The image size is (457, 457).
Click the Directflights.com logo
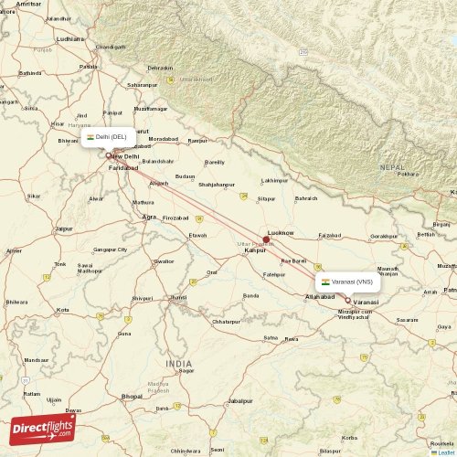(42, 429)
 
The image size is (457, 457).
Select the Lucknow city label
(280, 232)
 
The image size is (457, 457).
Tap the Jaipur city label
(64, 228)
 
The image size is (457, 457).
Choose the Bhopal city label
(132, 396)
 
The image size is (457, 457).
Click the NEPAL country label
(393, 167)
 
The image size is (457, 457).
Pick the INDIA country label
(179, 364)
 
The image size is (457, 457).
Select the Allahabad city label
(321, 298)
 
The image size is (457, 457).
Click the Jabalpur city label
(240, 400)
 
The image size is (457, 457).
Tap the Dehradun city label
(160, 68)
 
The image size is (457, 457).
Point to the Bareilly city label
(215, 162)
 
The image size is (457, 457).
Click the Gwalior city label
(165, 260)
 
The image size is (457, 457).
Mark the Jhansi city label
(180, 297)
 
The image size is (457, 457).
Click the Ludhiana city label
(69, 39)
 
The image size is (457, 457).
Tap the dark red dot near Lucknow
(266, 239)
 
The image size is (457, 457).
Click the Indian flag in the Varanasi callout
(325, 282)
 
